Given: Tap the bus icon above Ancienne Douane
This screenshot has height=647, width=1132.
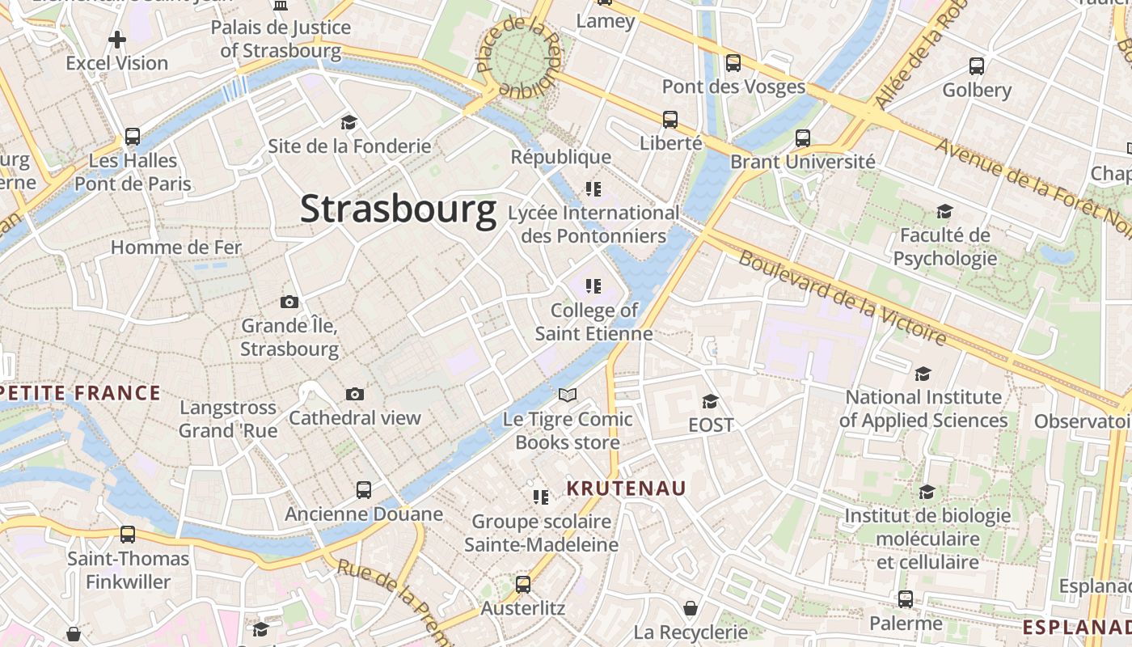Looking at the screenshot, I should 364,489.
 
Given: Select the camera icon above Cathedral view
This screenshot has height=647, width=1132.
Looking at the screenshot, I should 354,395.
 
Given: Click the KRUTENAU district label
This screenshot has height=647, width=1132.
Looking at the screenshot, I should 626,488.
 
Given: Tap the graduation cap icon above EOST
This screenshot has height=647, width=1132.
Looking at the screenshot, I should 710,401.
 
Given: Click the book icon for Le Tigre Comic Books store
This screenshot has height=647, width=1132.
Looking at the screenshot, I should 568,395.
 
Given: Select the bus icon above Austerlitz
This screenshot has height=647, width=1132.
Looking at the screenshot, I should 523,584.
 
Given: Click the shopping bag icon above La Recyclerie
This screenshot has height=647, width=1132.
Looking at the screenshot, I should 691,607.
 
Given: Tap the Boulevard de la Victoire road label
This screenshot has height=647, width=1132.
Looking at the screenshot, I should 841,298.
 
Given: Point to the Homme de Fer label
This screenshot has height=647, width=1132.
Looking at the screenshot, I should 176,247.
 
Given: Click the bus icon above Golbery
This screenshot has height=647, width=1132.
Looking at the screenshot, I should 977,66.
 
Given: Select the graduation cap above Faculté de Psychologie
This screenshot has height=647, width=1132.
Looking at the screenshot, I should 944,212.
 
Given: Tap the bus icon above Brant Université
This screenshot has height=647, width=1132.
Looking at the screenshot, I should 802,138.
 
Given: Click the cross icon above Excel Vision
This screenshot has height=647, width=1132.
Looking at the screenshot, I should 117,39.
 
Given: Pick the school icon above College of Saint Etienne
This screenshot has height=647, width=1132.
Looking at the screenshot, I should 593,286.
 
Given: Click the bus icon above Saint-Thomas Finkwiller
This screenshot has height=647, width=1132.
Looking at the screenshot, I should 128,535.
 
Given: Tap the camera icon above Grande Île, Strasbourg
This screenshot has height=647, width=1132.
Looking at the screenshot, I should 289,302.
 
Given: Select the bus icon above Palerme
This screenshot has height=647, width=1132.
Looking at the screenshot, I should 906,599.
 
